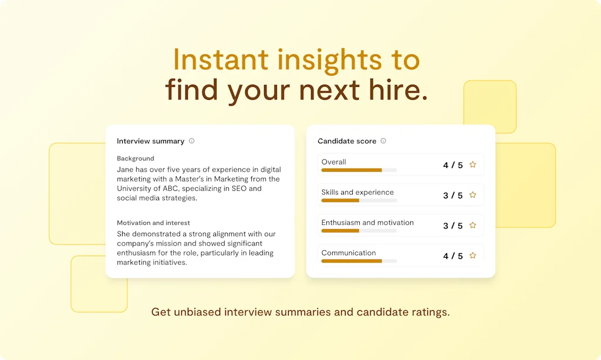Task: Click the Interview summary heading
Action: coord(151,141)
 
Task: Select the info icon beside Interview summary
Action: coord(192,141)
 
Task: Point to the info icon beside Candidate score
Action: coord(383,141)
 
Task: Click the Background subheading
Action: coord(136,159)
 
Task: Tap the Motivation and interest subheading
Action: coord(153,223)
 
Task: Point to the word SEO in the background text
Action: coord(239,189)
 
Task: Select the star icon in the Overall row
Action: coord(473,164)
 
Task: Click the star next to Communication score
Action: coord(473,255)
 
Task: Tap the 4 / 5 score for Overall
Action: coord(453,165)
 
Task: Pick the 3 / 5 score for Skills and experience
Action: coord(453,195)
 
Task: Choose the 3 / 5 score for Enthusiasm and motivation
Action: coord(453,226)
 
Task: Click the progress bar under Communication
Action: coord(359,261)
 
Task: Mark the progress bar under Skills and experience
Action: coord(359,200)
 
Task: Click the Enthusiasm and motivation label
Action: coord(367,223)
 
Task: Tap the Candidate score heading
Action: coord(347,141)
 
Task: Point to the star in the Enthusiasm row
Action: coord(473,225)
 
